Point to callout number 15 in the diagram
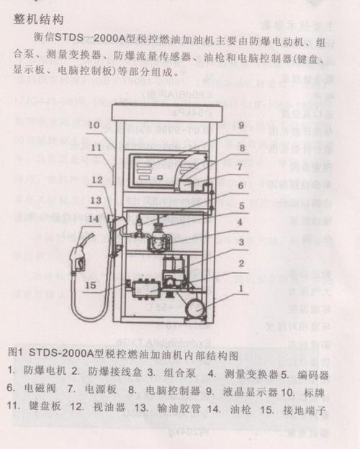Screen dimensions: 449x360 109,286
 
